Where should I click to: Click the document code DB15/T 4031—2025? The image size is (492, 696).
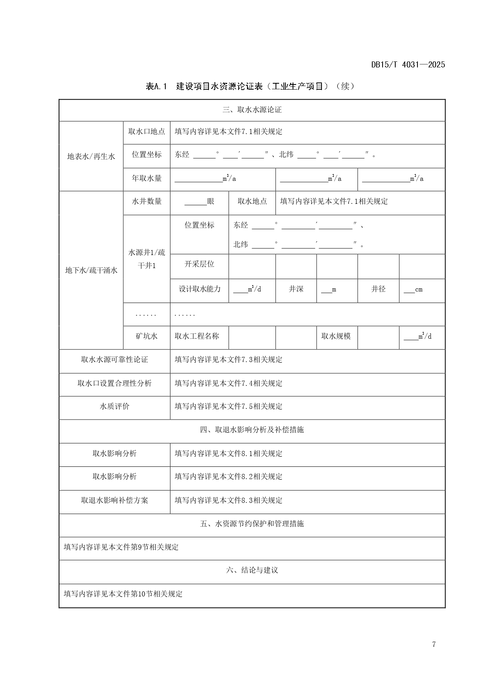pos(408,65)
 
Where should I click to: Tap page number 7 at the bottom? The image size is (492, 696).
pos(434,644)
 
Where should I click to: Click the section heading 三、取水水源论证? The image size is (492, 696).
pos(252,110)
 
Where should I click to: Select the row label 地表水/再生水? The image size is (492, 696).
pos(91,156)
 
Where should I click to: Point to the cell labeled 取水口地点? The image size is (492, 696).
pos(147,131)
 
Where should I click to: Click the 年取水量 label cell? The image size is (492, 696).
pos(147,178)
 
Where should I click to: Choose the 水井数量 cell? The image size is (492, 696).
pos(147,201)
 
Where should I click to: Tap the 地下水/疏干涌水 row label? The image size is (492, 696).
pos(91,270)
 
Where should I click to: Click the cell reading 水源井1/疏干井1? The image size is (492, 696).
pos(147,259)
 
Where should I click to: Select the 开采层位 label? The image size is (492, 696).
pos(199,264)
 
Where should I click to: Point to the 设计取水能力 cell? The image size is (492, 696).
pos(199,289)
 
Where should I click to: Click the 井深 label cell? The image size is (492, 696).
pos(296,289)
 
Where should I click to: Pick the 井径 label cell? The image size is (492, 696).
pos(378,289)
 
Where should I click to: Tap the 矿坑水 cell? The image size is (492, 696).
pos(147,336)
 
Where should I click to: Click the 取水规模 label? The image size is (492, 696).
pos(336,336)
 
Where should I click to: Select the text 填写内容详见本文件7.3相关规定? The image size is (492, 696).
pos(229,360)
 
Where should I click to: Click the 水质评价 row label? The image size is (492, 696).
pos(115,406)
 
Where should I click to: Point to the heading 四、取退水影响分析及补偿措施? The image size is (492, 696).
pos(252,430)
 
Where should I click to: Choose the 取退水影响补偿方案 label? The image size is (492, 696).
pos(115,500)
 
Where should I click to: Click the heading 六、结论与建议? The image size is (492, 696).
pos(252,570)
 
